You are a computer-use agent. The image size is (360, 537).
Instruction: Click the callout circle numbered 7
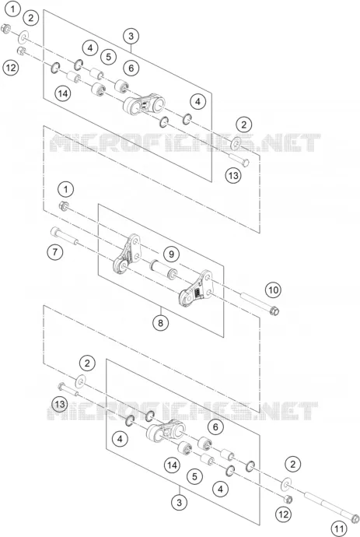[55, 252]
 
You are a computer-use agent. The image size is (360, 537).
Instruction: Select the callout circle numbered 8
[161, 322]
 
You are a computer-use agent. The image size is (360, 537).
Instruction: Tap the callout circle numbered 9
[171, 254]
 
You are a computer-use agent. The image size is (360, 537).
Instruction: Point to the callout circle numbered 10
[273, 290]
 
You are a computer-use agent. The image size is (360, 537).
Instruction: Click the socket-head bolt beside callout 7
[65, 236]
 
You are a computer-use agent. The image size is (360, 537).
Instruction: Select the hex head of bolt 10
[274, 311]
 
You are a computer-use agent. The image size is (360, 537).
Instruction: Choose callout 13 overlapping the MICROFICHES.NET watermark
[60, 404]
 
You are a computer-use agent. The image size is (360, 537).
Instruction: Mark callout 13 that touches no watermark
[233, 176]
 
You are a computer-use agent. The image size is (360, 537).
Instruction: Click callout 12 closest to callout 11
[283, 514]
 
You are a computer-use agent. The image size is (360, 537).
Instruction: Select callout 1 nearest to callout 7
[66, 189]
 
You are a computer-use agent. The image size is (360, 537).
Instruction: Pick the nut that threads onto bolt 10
[63, 206]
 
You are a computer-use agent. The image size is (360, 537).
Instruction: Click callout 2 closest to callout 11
[292, 465]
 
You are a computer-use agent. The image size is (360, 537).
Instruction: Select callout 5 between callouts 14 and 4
[194, 476]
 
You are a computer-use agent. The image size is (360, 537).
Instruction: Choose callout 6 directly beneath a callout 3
[131, 68]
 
